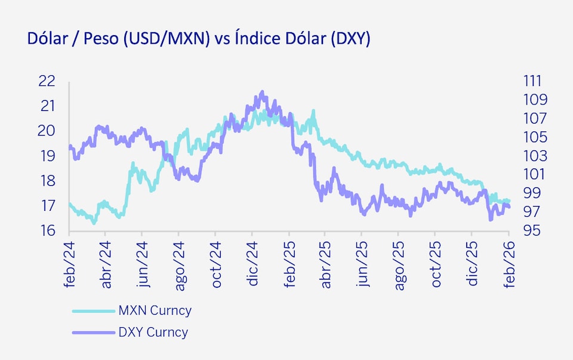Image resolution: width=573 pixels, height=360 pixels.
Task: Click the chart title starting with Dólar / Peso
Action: tap(199, 39)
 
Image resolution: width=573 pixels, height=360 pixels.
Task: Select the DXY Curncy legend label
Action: tap(153, 332)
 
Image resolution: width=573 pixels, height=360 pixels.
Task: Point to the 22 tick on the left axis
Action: tap(46, 81)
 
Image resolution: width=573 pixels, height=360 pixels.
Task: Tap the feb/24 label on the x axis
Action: tap(70, 262)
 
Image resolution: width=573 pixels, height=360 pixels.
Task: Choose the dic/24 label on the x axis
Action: tap(253, 262)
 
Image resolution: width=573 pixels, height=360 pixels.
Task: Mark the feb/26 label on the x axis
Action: tap(509, 262)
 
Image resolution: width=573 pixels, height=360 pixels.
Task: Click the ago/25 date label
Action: tap(399, 262)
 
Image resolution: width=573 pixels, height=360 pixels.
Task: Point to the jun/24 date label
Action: tap(143, 262)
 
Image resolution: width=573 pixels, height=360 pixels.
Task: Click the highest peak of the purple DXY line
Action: tap(262, 92)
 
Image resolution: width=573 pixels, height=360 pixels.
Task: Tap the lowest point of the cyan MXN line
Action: tap(94, 223)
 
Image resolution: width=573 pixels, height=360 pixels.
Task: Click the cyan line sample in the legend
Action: tap(92, 310)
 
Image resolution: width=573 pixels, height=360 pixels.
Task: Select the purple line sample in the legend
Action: tap(92, 332)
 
